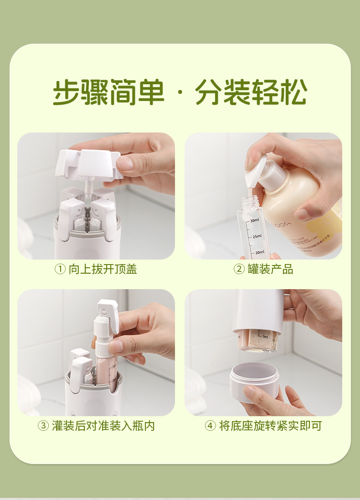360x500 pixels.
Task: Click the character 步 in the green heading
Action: click(x=67, y=92)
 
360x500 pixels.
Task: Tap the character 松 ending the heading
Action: click(x=293, y=92)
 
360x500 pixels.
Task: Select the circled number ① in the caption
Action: click(x=60, y=269)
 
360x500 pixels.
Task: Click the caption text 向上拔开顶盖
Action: click(x=103, y=269)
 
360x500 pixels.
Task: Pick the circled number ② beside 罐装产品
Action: click(x=239, y=269)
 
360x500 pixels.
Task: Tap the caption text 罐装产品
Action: click(x=270, y=269)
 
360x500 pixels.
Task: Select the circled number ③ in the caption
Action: click(x=43, y=426)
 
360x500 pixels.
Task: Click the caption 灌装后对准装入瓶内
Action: click(x=103, y=426)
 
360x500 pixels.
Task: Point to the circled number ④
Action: click(x=210, y=426)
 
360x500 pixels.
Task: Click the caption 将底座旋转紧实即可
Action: click(x=270, y=426)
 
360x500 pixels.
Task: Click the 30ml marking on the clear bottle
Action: click(x=255, y=220)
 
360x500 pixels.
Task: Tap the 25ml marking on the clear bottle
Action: click(x=257, y=236)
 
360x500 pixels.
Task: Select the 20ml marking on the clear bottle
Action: click(x=259, y=252)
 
